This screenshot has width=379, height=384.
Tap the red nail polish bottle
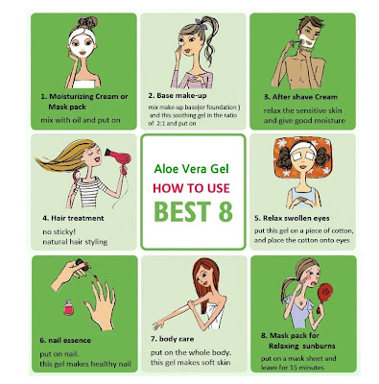pyautogui.click(x=68, y=307)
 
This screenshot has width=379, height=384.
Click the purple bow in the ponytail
pyautogui.click(x=201, y=24)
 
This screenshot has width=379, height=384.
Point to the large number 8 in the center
pyautogui.click(x=225, y=211)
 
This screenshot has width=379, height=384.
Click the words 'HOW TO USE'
pyautogui.click(x=191, y=188)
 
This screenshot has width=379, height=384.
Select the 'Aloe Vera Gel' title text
pyautogui.click(x=191, y=169)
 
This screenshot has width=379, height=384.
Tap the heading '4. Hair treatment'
pyautogui.click(x=73, y=218)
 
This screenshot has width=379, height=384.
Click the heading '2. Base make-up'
pyautogui.click(x=178, y=95)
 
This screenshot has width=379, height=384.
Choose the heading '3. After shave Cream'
pyautogui.click(x=300, y=97)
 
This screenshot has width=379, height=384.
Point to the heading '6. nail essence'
pyautogui.click(x=65, y=340)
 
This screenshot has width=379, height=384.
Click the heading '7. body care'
pyautogui.click(x=172, y=339)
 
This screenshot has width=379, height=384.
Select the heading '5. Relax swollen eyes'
pyautogui.click(x=292, y=218)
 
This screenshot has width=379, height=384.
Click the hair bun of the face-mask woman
pyautogui.click(x=87, y=22)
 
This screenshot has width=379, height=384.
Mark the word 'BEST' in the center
pyautogui.click(x=182, y=211)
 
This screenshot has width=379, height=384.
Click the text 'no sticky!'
pyautogui.click(x=59, y=231)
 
